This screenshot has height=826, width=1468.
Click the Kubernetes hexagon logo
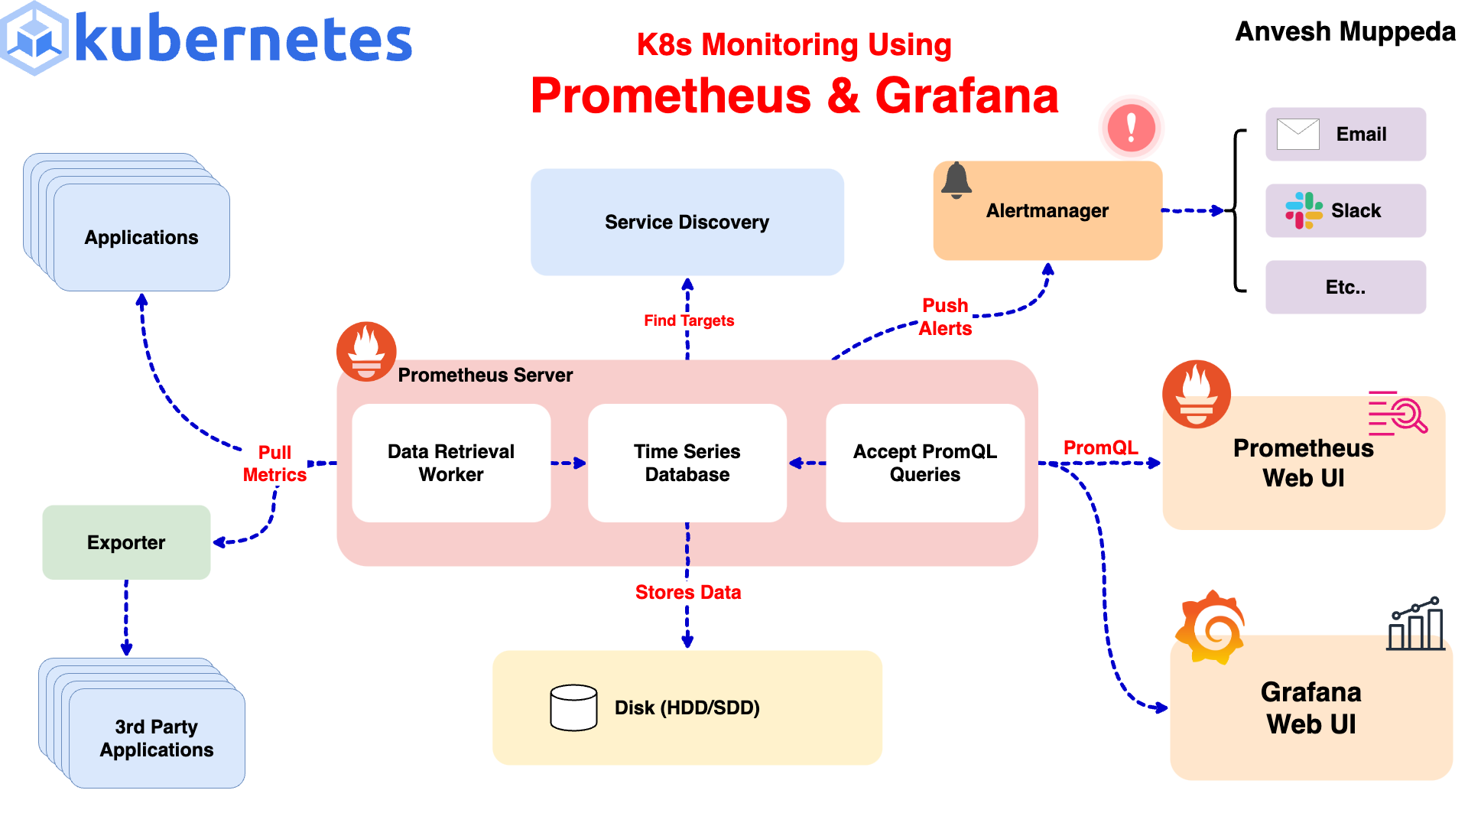coord(35,38)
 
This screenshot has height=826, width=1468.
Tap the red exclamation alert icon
coord(1131,128)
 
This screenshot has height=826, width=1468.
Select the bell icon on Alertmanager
coord(956,180)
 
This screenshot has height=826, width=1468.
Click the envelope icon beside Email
coord(1297,134)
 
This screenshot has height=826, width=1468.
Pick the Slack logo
coord(1304,210)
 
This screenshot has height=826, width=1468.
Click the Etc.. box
coord(1345,287)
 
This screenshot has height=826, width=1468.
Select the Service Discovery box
coord(687,222)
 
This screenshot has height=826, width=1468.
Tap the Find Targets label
coord(688,320)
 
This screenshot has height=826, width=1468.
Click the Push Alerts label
coord(945,317)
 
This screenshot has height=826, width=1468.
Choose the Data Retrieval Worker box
coord(451,463)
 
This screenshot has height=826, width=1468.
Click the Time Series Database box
coord(687,463)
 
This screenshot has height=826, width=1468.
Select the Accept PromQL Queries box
coord(924,463)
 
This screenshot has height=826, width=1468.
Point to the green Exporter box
coord(126,542)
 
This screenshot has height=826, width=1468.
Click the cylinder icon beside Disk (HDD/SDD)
coord(573,707)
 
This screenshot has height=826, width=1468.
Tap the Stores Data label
coord(687,592)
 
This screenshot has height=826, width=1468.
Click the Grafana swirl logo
coord(1210,627)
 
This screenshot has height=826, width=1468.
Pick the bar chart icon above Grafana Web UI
coord(1416,625)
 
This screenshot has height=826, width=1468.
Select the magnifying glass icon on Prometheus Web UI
coord(1405,414)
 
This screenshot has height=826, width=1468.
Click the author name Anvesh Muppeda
coord(1345,32)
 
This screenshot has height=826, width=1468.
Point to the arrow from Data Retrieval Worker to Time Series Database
coord(569,463)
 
